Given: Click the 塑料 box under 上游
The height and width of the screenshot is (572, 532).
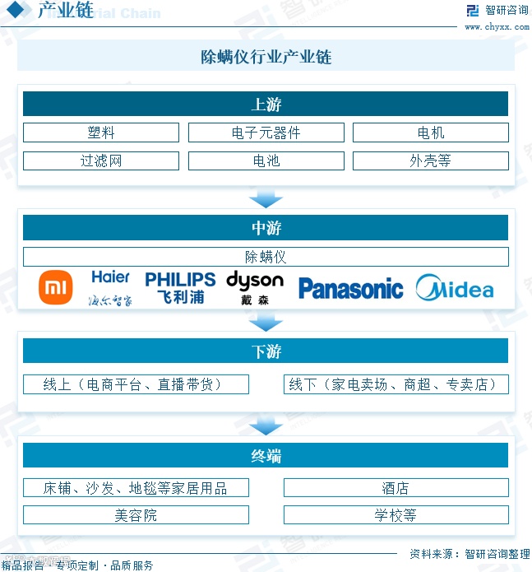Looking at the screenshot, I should point(100,133).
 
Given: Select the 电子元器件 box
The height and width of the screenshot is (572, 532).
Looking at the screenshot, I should point(266,133).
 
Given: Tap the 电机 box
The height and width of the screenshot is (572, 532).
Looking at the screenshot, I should point(430,133).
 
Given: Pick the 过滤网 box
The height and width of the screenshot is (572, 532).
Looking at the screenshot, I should point(100,160).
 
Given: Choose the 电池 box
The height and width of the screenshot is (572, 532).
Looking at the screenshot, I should point(266,160).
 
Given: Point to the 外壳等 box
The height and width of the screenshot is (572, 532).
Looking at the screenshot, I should point(430,160).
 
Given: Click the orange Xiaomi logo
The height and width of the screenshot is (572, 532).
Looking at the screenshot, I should point(57,287).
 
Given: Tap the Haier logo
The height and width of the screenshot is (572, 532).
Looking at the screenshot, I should point(111,287).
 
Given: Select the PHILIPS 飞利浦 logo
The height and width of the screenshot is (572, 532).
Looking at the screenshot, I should point(180,287).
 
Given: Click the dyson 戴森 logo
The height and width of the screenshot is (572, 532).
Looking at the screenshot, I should point(254,287).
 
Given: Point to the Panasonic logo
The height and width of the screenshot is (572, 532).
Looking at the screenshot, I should point(350,288).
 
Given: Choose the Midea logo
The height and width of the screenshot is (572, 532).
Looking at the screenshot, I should point(455,288).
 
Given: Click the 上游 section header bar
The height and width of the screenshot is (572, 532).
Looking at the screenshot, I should point(266,104).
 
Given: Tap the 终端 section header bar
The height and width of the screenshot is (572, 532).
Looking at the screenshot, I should point(266,455).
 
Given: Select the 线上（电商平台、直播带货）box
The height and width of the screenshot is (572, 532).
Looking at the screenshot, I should point(136,384).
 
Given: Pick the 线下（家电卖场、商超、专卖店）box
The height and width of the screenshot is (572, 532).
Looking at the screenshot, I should point(396,384).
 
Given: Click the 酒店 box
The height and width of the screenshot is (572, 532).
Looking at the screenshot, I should point(396,488).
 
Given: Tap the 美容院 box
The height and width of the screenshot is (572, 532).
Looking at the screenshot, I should point(136,515).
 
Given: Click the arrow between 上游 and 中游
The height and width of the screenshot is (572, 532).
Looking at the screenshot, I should point(266,198).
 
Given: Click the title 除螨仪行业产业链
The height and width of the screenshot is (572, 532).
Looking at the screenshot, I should point(266,57).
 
